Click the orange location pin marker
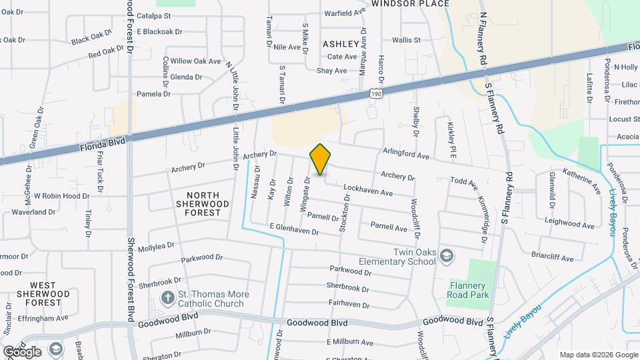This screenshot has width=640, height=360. coord(320,160)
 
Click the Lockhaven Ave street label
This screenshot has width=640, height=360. coord(367,191)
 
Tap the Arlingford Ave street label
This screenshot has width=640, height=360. coord(406,155)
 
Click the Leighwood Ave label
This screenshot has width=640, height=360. coord(569,225)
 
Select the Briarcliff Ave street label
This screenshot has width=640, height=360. coord(553,253)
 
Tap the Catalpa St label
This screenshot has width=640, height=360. coord(153,15)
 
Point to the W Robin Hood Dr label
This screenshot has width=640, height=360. coord(61,196)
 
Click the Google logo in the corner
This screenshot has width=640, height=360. coord(21,351)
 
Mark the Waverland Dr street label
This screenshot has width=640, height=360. coord(33,212)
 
